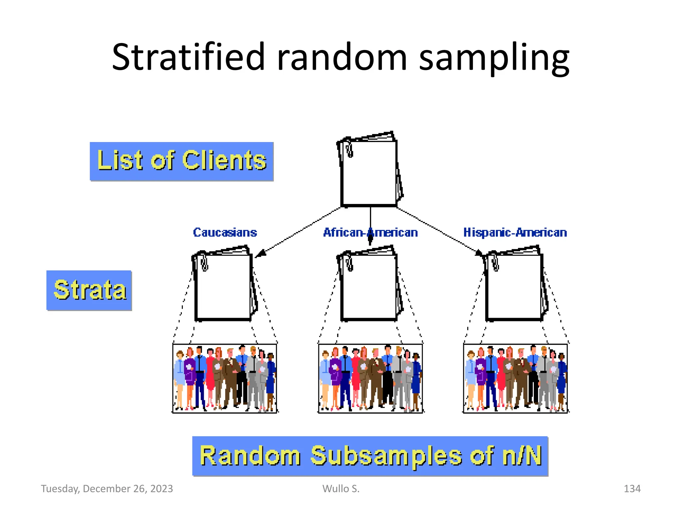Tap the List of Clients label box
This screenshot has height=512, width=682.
click(x=181, y=161)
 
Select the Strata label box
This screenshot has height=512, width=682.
click(x=89, y=290)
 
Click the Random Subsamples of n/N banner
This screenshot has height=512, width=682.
click(x=370, y=456)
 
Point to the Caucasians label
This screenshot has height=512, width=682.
click(x=225, y=232)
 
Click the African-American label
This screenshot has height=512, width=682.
click(x=370, y=232)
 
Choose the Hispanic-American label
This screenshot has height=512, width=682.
click(x=515, y=232)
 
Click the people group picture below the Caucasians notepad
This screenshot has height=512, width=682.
click(x=225, y=378)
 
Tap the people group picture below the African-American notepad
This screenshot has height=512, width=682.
click(x=370, y=378)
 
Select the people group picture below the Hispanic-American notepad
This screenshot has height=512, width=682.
click(x=515, y=378)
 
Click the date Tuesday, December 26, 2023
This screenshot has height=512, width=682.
click(x=107, y=489)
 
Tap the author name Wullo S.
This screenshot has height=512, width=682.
click(x=341, y=489)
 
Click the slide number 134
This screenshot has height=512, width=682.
click(x=632, y=489)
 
